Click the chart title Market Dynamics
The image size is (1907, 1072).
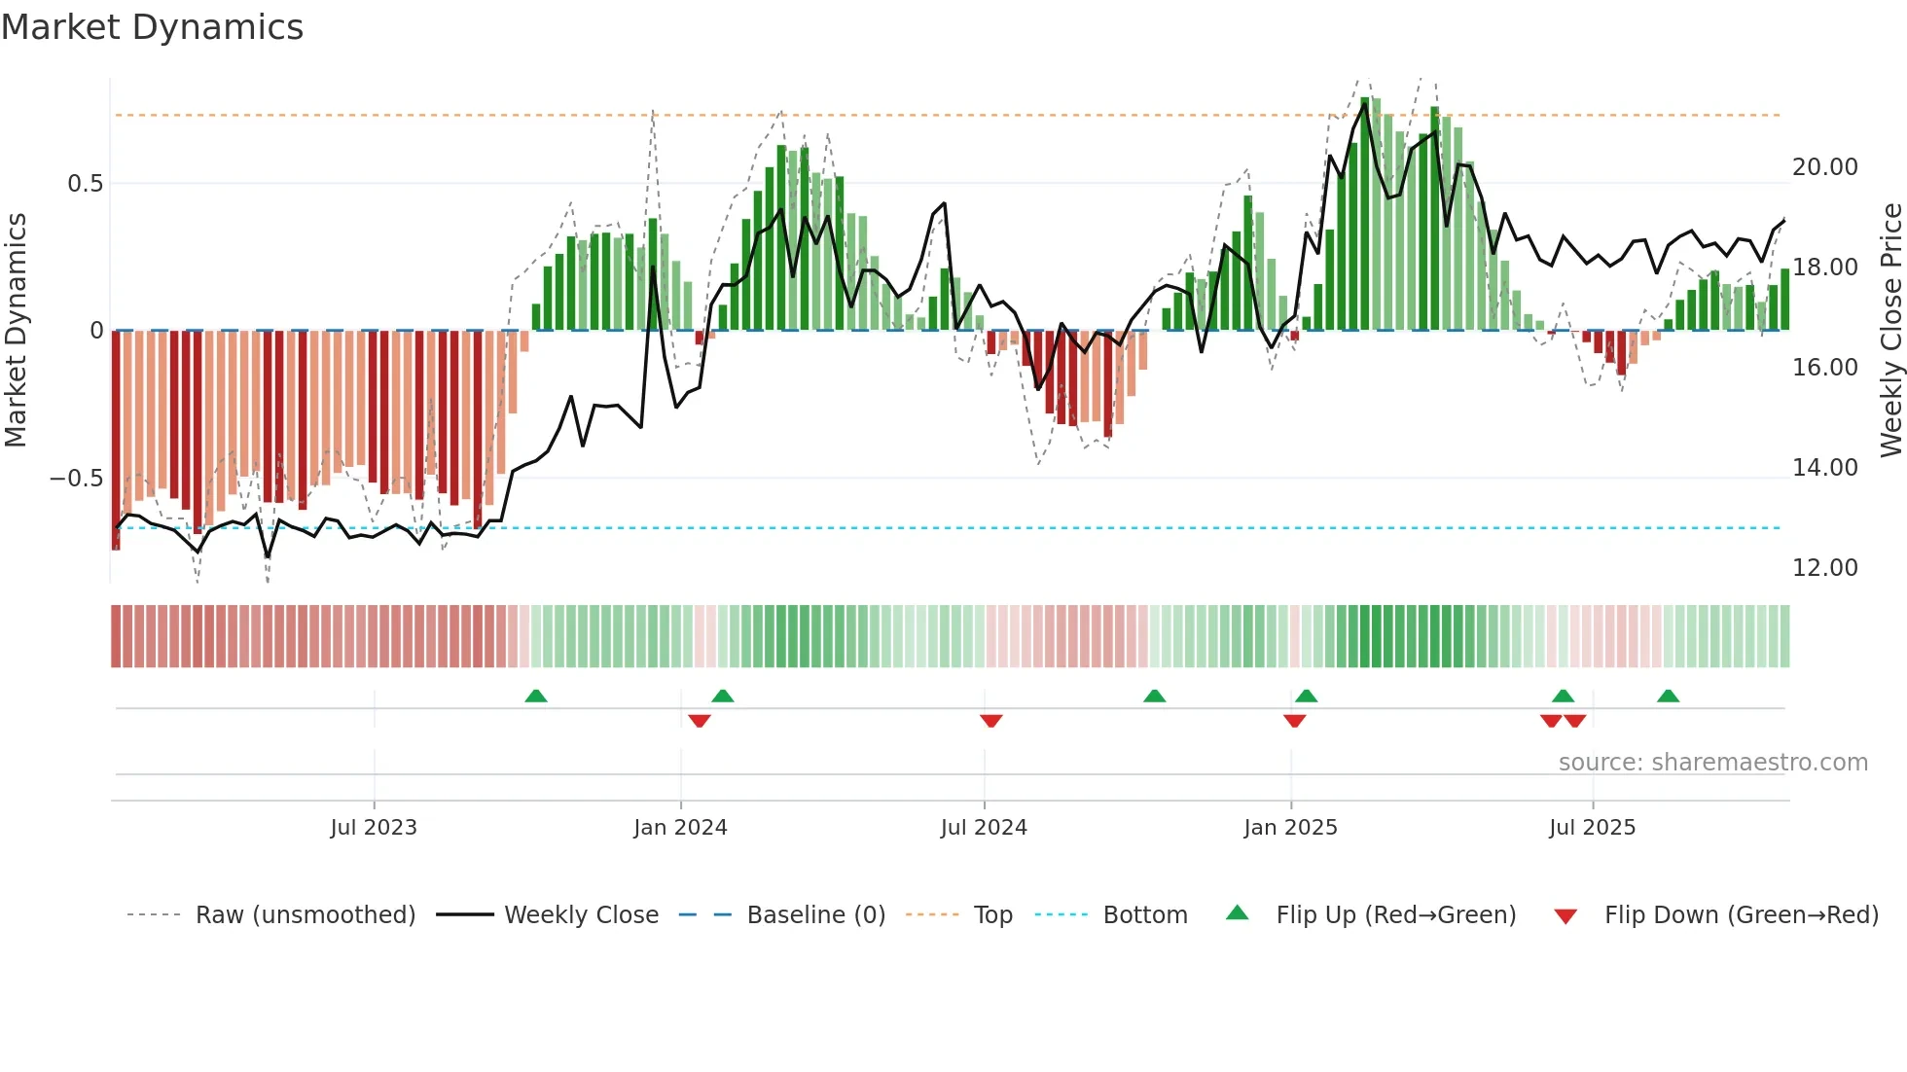[152, 27]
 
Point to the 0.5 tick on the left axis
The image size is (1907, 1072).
[85, 184]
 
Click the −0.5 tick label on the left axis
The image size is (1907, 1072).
[76, 479]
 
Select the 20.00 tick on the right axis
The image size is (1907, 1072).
[1824, 167]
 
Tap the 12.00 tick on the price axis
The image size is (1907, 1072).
[1824, 568]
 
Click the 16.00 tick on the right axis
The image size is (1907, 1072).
[1824, 368]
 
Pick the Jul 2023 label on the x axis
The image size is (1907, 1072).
[374, 828]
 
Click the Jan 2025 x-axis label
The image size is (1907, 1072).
[1290, 828]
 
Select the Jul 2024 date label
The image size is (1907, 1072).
[984, 828]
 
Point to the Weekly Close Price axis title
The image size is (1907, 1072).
[1890, 331]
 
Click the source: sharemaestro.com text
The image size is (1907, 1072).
[1712, 763]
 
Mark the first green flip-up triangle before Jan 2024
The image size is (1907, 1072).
[536, 696]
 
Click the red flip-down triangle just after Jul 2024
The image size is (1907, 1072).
[991, 721]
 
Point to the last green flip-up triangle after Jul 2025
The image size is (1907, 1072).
[1668, 696]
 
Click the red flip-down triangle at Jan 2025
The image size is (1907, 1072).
[1294, 721]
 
